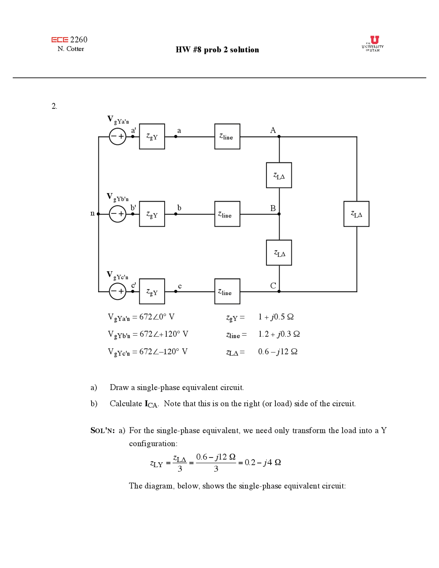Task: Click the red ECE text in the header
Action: [60, 40]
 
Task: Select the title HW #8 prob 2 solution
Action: [217, 50]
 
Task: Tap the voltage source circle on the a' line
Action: [117, 137]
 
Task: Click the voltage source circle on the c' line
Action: [117, 291]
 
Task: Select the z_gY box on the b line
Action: [152, 214]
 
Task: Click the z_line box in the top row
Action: [227, 137]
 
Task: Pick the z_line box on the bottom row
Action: [227, 291]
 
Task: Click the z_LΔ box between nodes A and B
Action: [279, 175]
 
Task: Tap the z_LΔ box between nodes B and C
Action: [279, 253]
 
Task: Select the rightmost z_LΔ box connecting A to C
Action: [356, 214]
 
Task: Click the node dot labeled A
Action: [279, 137]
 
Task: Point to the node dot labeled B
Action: [279, 214]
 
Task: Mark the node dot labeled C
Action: [279, 292]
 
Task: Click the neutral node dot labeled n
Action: [98, 214]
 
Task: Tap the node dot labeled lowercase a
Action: [176, 137]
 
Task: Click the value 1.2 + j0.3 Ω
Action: [279, 334]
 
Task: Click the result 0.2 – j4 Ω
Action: [262, 462]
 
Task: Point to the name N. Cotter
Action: [71, 49]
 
